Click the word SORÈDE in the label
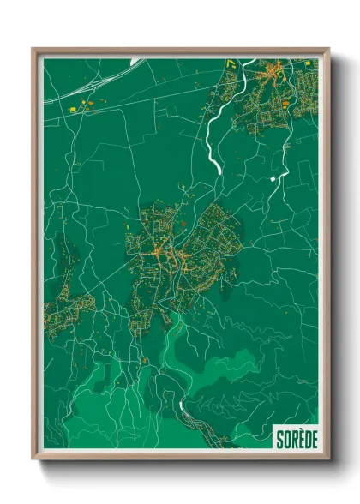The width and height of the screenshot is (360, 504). pos(296,438)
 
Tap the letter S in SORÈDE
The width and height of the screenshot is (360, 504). pos(280,438)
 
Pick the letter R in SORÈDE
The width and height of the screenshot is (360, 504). pos(293,438)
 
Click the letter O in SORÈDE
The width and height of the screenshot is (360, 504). pos(286,438)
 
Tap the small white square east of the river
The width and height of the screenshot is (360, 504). pos(273,178)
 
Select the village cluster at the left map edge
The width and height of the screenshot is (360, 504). pos(62,300)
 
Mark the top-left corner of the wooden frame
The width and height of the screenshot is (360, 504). pos(33,49)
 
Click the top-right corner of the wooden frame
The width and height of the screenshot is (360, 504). pos(329,49)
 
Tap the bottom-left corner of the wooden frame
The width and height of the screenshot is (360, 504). pos(33,460)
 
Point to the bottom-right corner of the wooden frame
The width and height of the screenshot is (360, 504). pos(329,460)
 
